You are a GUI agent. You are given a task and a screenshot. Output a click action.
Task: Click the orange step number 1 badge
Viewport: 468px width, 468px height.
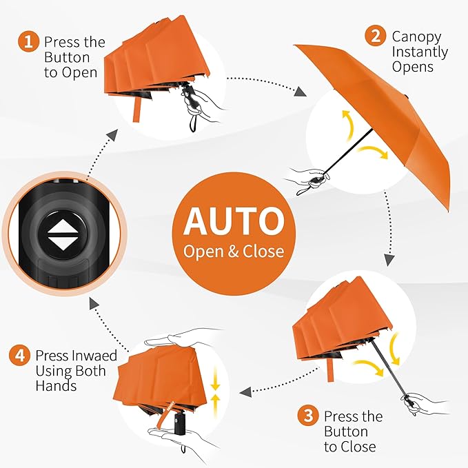[x=28, y=42]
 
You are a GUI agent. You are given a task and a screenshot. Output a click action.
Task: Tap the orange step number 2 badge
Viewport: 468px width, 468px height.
[x=375, y=37]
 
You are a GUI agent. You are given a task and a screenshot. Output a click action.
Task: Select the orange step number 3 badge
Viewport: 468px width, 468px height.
[x=307, y=416]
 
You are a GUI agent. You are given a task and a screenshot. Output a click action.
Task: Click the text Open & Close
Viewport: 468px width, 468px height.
[x=234, y=251]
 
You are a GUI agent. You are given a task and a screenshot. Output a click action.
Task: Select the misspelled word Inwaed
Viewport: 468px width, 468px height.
[x=94, y=356]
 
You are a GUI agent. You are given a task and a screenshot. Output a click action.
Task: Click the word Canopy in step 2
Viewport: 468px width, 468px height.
[x=416, y=37]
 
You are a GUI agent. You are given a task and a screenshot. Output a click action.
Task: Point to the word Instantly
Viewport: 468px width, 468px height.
[x=420, y=52]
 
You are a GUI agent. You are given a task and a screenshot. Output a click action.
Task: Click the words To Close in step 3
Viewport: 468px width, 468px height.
[x=349, y=447]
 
